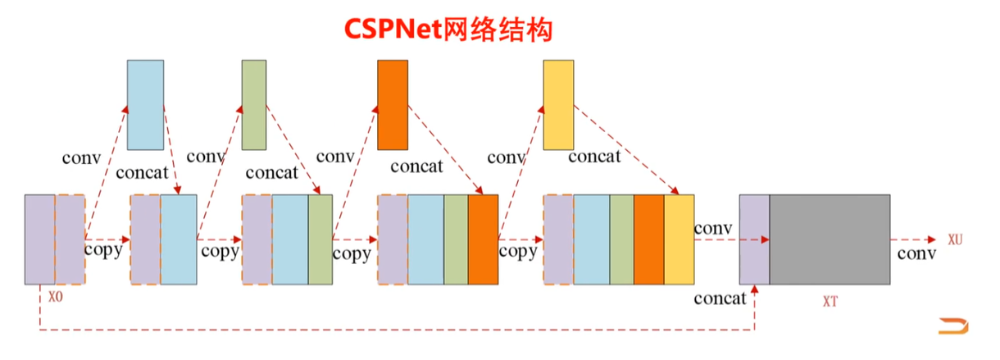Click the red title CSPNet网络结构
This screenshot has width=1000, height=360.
tap(448, 30)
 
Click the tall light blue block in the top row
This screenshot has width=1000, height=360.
tap(146, 105)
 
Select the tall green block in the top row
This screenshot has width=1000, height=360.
tap(254, 105)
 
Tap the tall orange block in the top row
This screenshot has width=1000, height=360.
tap(393, 105)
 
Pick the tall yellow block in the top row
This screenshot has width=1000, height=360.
tap(558, 105)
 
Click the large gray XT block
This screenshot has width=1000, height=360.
tap(830, 239)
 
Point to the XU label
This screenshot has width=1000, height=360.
tap(956, 239)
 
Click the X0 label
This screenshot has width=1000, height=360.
tap(56, 297)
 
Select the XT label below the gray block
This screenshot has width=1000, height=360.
tap(830, 302)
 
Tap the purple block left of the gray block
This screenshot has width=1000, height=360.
tap(754, 239)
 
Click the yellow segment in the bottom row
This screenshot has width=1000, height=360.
tap(679, 239)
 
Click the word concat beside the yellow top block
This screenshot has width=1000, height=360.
tap(594, 157)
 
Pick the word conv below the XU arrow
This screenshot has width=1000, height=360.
tap(917, 253)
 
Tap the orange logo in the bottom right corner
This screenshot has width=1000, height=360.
tap(953, 326)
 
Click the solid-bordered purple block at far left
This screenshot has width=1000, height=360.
tap(39, 239)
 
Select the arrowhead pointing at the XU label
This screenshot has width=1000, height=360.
tap(932, 239)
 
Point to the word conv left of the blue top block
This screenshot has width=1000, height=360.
tap(82, 158)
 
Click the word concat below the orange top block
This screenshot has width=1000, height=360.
tap(417, 166)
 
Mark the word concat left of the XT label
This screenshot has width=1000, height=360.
tap(720, 298)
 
